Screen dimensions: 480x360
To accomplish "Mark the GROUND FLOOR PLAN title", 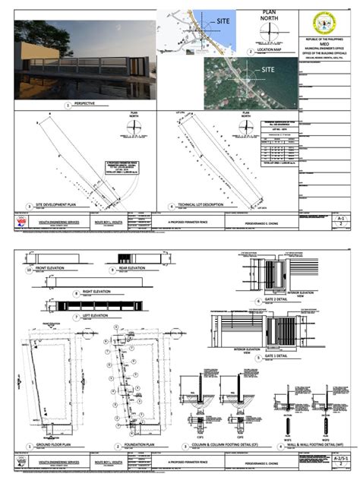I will coord(47,445).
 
